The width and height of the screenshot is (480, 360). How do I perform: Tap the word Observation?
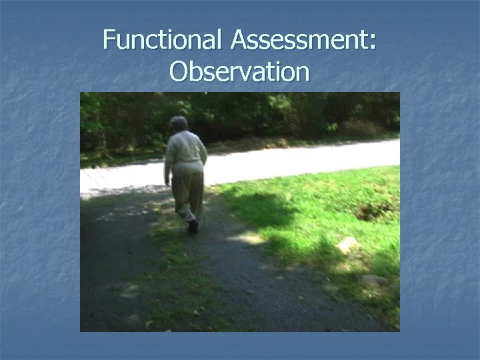[x=239, y=71]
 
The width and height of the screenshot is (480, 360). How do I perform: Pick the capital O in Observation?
[x=181, y=71]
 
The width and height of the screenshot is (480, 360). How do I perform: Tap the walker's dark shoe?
[x=193, y=226]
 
